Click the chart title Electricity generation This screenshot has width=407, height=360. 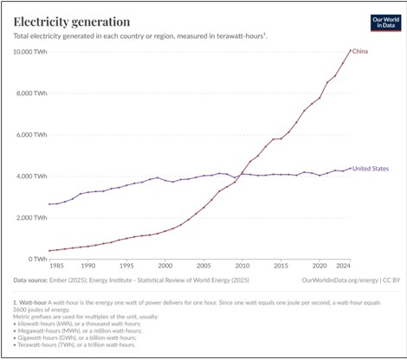tap(72, 20)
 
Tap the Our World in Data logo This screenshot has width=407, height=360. tap(384, 22)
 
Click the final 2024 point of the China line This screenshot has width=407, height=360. tap(350, 51)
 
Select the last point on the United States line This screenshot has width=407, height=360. tap(350, 169)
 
